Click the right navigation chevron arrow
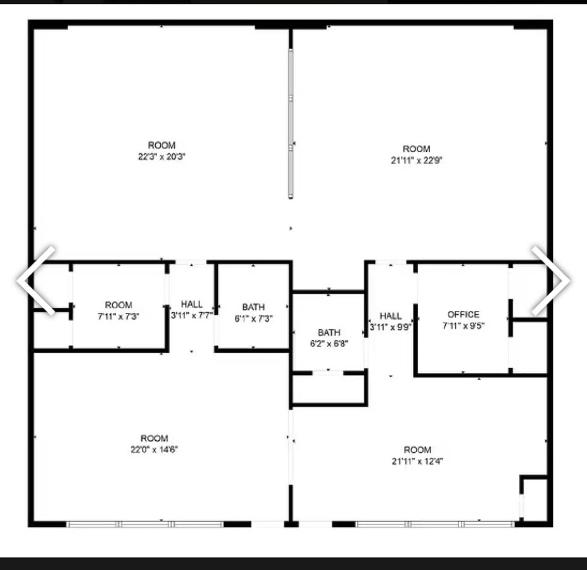pyautogui.click(x=550, y=280)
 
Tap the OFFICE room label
pyautogui.click(x=464, y=314)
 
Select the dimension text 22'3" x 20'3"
pyautogui.click(x=161, y=156)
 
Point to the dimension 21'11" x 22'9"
pyautogui.click(x=416, y=160)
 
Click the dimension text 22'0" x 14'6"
pyautogui.click(x=154, y=449)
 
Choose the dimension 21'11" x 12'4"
pyautogui.click(x=417, y=461)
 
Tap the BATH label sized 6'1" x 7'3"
pyautogui.click(x=253, y=307)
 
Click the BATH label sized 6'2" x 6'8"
pyautogui.click(x=329, y=332)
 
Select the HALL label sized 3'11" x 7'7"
pyautogui.click(x=191, y=304)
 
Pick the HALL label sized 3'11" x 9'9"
pyautogui.click(x=391, y=316)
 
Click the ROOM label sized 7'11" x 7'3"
pyautogui.click(x=118, y=305)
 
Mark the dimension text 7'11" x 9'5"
pyautogui.click(x=464, y=326)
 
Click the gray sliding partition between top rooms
pyautogui.click(x=291, y=123)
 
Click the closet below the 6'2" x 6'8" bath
pyautogui.click(x=329, y=389)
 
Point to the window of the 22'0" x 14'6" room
pyautogui.click(x=145, y=524)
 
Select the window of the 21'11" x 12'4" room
pyautogui.click(x=434, y=524)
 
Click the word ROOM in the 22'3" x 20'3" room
pyautogui.click(x=161, y=146)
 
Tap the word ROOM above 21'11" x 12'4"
pyautogui.click(x=417, y=450)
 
